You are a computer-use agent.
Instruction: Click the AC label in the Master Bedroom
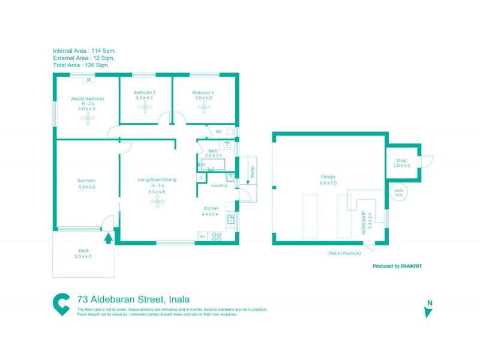(x=89, y=79)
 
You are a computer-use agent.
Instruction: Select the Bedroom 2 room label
(x=203, y=93)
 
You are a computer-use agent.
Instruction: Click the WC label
(x=219, y=131)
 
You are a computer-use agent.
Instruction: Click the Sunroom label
(x=86, y=180)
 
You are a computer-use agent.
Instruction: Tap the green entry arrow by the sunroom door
(x=108, y=238)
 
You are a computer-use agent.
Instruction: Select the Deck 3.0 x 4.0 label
(x=83, y=254)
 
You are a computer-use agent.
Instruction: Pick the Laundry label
(x=219, y=185)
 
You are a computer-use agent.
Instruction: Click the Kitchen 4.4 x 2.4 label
(x=211, y=211)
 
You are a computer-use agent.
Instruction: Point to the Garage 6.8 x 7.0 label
(x=328, y=179)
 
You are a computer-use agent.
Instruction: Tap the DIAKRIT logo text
(x=410, y=266)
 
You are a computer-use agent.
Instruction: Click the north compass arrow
(x=428, y=312)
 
